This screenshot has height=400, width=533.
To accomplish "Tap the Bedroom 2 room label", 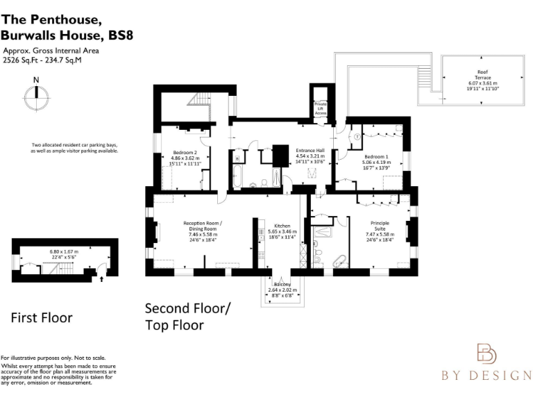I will pos(185,152).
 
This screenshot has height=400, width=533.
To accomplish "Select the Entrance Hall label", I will pos(310,150).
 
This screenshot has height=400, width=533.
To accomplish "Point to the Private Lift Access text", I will pos(321,108).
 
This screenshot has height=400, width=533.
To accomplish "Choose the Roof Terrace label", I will pos(482,72).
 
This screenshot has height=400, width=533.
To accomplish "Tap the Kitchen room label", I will pos(282,226).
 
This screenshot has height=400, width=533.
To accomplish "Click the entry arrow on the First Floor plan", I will pos(103,279).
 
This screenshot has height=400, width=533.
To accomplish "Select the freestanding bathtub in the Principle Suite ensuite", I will pos(339,262).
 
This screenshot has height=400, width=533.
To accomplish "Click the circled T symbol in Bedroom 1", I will pos(357,136).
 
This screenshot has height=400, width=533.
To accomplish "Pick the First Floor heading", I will pos(42,317).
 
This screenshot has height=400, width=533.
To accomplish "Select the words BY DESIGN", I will pos(487,376).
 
